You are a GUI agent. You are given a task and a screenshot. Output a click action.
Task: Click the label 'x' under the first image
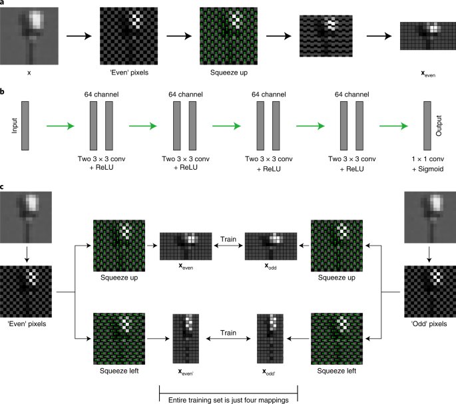(x=29, y=72)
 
